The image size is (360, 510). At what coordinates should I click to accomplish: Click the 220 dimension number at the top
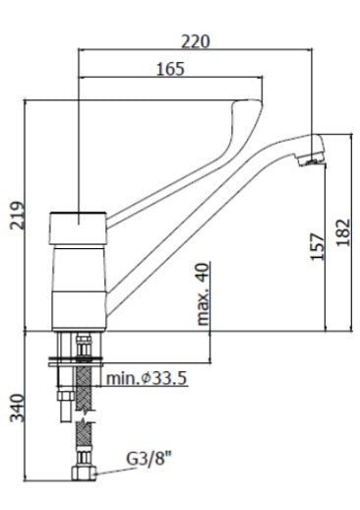pyautogui.click(x=196, y=41)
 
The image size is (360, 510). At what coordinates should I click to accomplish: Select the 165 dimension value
pyautogui.click(x=170, y=69)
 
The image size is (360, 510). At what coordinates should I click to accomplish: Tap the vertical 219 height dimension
pyautogui.click(x=18, y=216)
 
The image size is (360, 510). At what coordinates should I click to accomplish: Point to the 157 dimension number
pyautogui.click(x=317, y=246)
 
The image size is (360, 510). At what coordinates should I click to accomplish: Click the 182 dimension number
pyautogui.click(x=343, y=232)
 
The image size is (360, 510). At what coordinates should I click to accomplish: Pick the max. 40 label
pyautogui.click(x=203, y=293)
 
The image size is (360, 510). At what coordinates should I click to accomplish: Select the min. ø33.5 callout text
pyautogui.click(x=147, y=378)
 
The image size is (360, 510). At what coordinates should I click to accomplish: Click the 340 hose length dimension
pyautogui.click(x=18, y=408)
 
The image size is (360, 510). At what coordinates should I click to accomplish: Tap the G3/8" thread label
pyautogui.click(x=150, y=459)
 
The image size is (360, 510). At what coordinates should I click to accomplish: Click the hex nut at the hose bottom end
pyautogui.click(x=84, y=473)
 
